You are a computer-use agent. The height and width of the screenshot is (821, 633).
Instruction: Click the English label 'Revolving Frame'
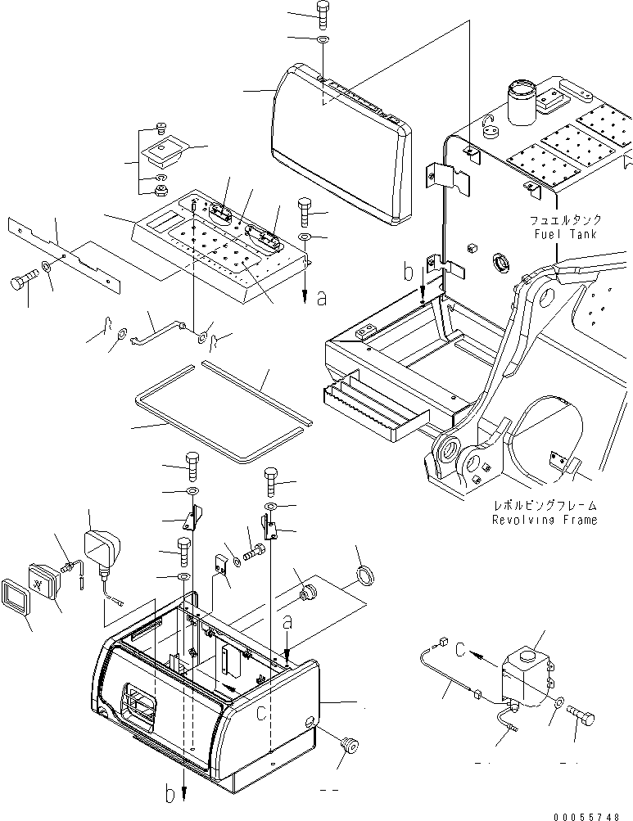[545, 520]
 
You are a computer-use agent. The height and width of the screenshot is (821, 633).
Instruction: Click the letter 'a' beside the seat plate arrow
[321, 299]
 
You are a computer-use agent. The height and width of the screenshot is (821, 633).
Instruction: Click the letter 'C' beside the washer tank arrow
[460, 652]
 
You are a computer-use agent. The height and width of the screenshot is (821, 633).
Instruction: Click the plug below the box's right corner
[350, 746]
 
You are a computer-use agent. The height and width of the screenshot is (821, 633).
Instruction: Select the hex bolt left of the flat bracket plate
[23, 283]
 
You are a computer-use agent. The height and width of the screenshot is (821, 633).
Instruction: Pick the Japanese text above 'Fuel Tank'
[565, 219]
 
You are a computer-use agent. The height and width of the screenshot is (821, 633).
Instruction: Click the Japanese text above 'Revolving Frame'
[545, 506]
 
